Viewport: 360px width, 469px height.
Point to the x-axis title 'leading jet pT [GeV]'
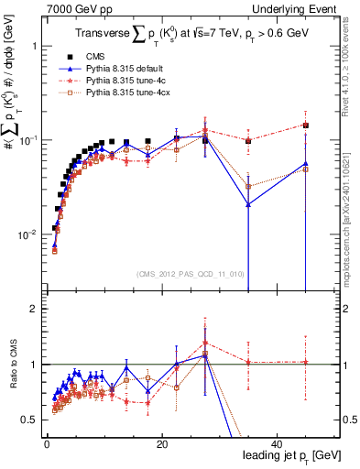[x=291, y=455]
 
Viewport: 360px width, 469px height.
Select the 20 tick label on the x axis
[x=161, y=443]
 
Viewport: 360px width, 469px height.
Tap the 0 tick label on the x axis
[x=46, y=443]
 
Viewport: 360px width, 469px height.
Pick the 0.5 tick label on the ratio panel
[x=31, y=420]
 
